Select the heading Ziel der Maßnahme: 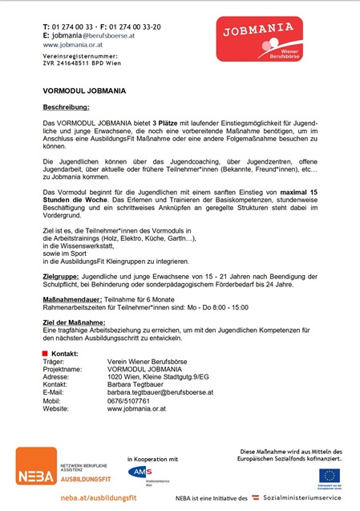(74, 322)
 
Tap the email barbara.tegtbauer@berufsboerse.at (160, 392)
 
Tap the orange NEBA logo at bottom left (37, 466)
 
